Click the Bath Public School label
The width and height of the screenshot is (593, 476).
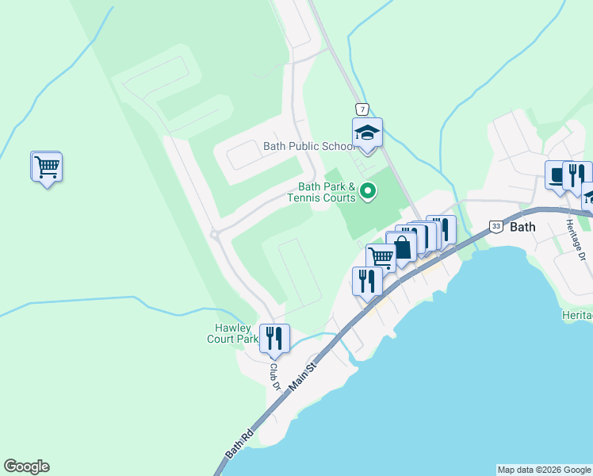pyautogui.click(x=308, y=146)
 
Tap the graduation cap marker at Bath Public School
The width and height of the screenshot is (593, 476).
pyautogui.click(x=367, y=132)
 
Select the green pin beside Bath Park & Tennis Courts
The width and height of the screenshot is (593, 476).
pyautogui.click(x=368, y=191)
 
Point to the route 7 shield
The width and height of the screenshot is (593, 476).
pyautogui.click(x=362, y=109)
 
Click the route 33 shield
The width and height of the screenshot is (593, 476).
pyautogui.click(x=495, y=226)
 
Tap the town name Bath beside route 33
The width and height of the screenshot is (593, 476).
pyautogui.click(x=522, y=226)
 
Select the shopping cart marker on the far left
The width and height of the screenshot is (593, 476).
pyautogui.click(x=47, y=167)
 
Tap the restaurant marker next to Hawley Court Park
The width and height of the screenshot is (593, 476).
pyautogui.click(x=274, y=339)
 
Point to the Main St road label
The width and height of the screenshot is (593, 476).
pyautogui.click(x=303, y=375)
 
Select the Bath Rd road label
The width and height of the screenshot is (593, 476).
pyautogui.click(x=238, y=443)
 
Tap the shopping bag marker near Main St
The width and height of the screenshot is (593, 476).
pyautogui.click(x=402, y=247)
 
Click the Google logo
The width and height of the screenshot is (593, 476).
pyautogui.click(x=26, y=466)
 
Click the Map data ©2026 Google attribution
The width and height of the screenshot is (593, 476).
pyautogui.click(x=544, y=470)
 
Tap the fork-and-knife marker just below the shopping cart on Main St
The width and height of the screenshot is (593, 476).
pyautogui.click(x=367, y=282)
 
